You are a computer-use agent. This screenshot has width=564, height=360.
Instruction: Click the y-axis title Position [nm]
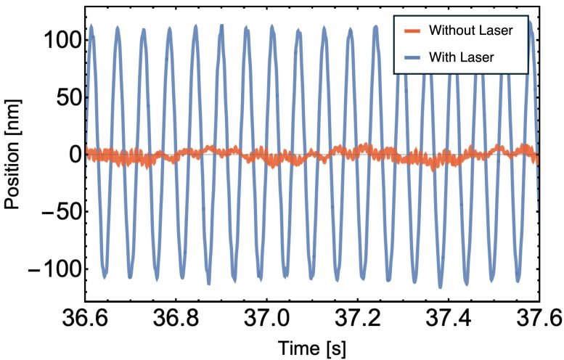(13, 155)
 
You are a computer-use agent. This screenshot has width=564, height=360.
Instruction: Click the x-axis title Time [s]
(312, 348)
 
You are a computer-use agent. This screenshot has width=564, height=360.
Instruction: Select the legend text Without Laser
(470, 30)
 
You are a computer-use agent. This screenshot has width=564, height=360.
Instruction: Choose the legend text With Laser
(462, 57)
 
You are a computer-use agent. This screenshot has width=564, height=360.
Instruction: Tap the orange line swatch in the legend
(412, 30)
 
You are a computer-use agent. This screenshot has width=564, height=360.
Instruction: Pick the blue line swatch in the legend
(412, 57)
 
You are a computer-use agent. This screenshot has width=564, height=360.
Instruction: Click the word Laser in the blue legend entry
(478, 57)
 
